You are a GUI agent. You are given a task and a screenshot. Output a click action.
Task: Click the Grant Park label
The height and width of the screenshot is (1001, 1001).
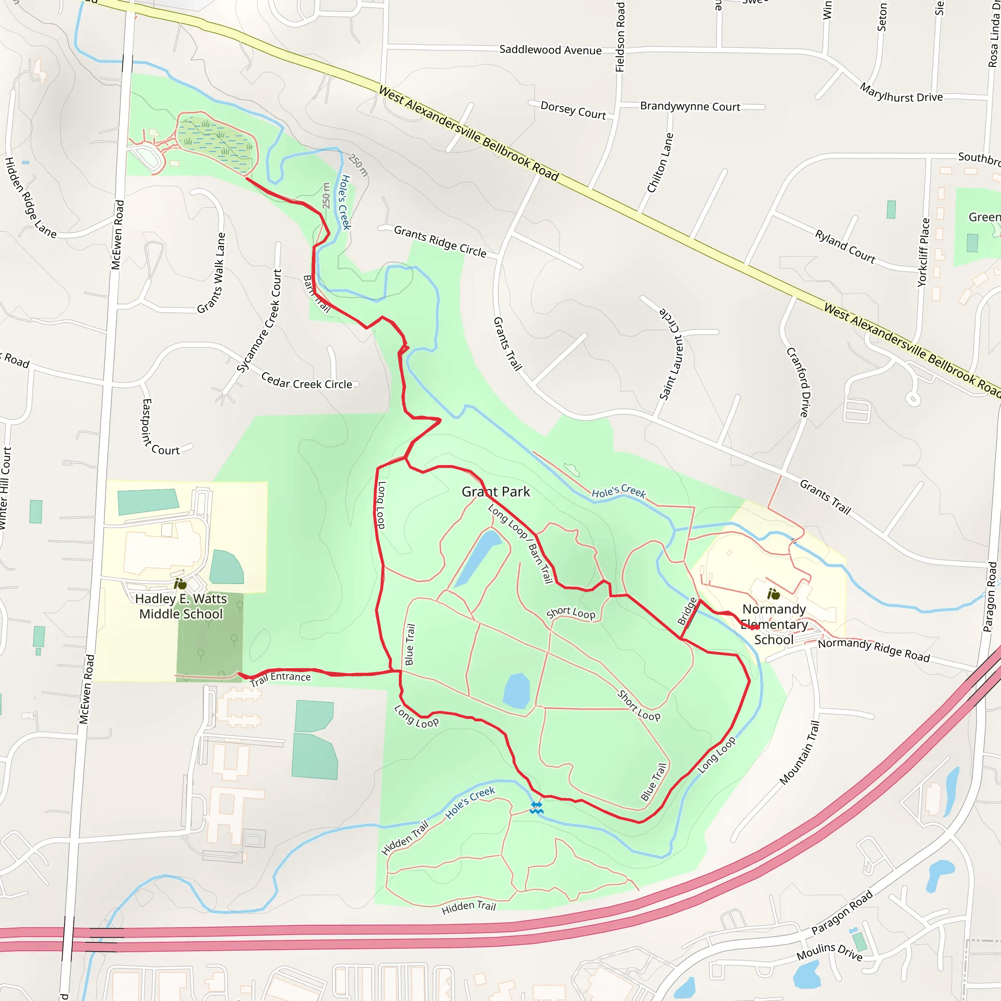click(496, 492)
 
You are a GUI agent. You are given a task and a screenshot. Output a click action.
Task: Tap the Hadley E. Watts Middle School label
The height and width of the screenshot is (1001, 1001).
click(181, 606)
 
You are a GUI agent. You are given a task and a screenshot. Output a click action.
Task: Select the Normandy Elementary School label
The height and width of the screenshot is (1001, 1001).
click(774, 624)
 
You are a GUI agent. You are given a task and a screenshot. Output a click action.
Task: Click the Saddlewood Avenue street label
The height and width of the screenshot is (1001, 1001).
click(550, 50)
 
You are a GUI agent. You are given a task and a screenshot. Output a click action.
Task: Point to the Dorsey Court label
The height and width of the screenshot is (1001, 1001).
click(573, 110)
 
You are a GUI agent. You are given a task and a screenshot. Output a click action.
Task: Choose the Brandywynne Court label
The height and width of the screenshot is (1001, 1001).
click(690, 106)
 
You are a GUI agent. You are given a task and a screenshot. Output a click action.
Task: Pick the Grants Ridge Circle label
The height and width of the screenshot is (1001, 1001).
click(440, 241)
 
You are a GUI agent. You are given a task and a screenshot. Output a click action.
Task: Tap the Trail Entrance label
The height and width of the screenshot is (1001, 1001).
click(280, 678)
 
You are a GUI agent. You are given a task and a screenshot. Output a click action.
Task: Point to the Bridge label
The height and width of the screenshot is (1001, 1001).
click(687, 611)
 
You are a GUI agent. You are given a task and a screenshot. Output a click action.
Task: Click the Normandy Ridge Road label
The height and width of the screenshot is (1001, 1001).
click(874, 650)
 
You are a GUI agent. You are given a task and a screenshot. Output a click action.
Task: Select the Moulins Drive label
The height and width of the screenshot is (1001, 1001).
click(829, 951)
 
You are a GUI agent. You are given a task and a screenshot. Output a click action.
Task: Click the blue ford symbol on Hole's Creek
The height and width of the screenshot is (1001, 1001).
click(536, 808)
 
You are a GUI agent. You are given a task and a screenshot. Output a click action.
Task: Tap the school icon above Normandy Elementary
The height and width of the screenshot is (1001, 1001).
click(774, 594)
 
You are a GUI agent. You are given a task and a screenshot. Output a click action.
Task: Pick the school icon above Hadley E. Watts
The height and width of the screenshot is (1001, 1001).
click(180, 584)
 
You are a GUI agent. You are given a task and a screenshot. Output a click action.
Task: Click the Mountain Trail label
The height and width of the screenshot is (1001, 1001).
click(800, 752)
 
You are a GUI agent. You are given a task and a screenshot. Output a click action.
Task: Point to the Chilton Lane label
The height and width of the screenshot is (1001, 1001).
click(660, 163)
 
